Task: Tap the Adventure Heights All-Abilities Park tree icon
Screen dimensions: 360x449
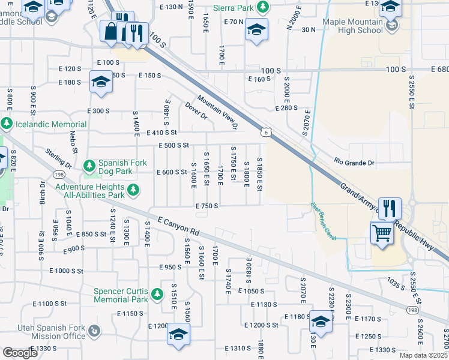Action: pyautogui.click(x=133, y=191)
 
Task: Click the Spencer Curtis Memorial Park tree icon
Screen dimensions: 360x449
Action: pyautogui.click(x=157, y=294)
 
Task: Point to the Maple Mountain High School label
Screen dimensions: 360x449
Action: pyautogui.click(x=352, y=26)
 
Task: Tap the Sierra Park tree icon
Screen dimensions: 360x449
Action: pyautogui.click(x=262, y=7)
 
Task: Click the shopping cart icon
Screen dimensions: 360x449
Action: pyautogui.click(x=382, y=232)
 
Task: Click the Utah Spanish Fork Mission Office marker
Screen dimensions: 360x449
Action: pyautogui.click(x=94, y=331)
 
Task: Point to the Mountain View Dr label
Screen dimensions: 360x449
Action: pyautogui.click(x=217, y=113)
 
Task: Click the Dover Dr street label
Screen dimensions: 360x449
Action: pyautogui.click(x=195, y=112)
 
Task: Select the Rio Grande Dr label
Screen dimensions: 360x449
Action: pyautogui.click(x=354, y=163)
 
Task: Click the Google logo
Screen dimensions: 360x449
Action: pyautogui.click(x=20, y=353)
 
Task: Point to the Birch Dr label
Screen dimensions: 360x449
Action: pyautogui.click(x=43, y=193)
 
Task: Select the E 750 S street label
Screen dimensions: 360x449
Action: pyautogui.click(x=206, y=205)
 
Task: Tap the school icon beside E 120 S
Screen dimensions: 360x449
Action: pyautogui.click(x=100, y=82)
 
